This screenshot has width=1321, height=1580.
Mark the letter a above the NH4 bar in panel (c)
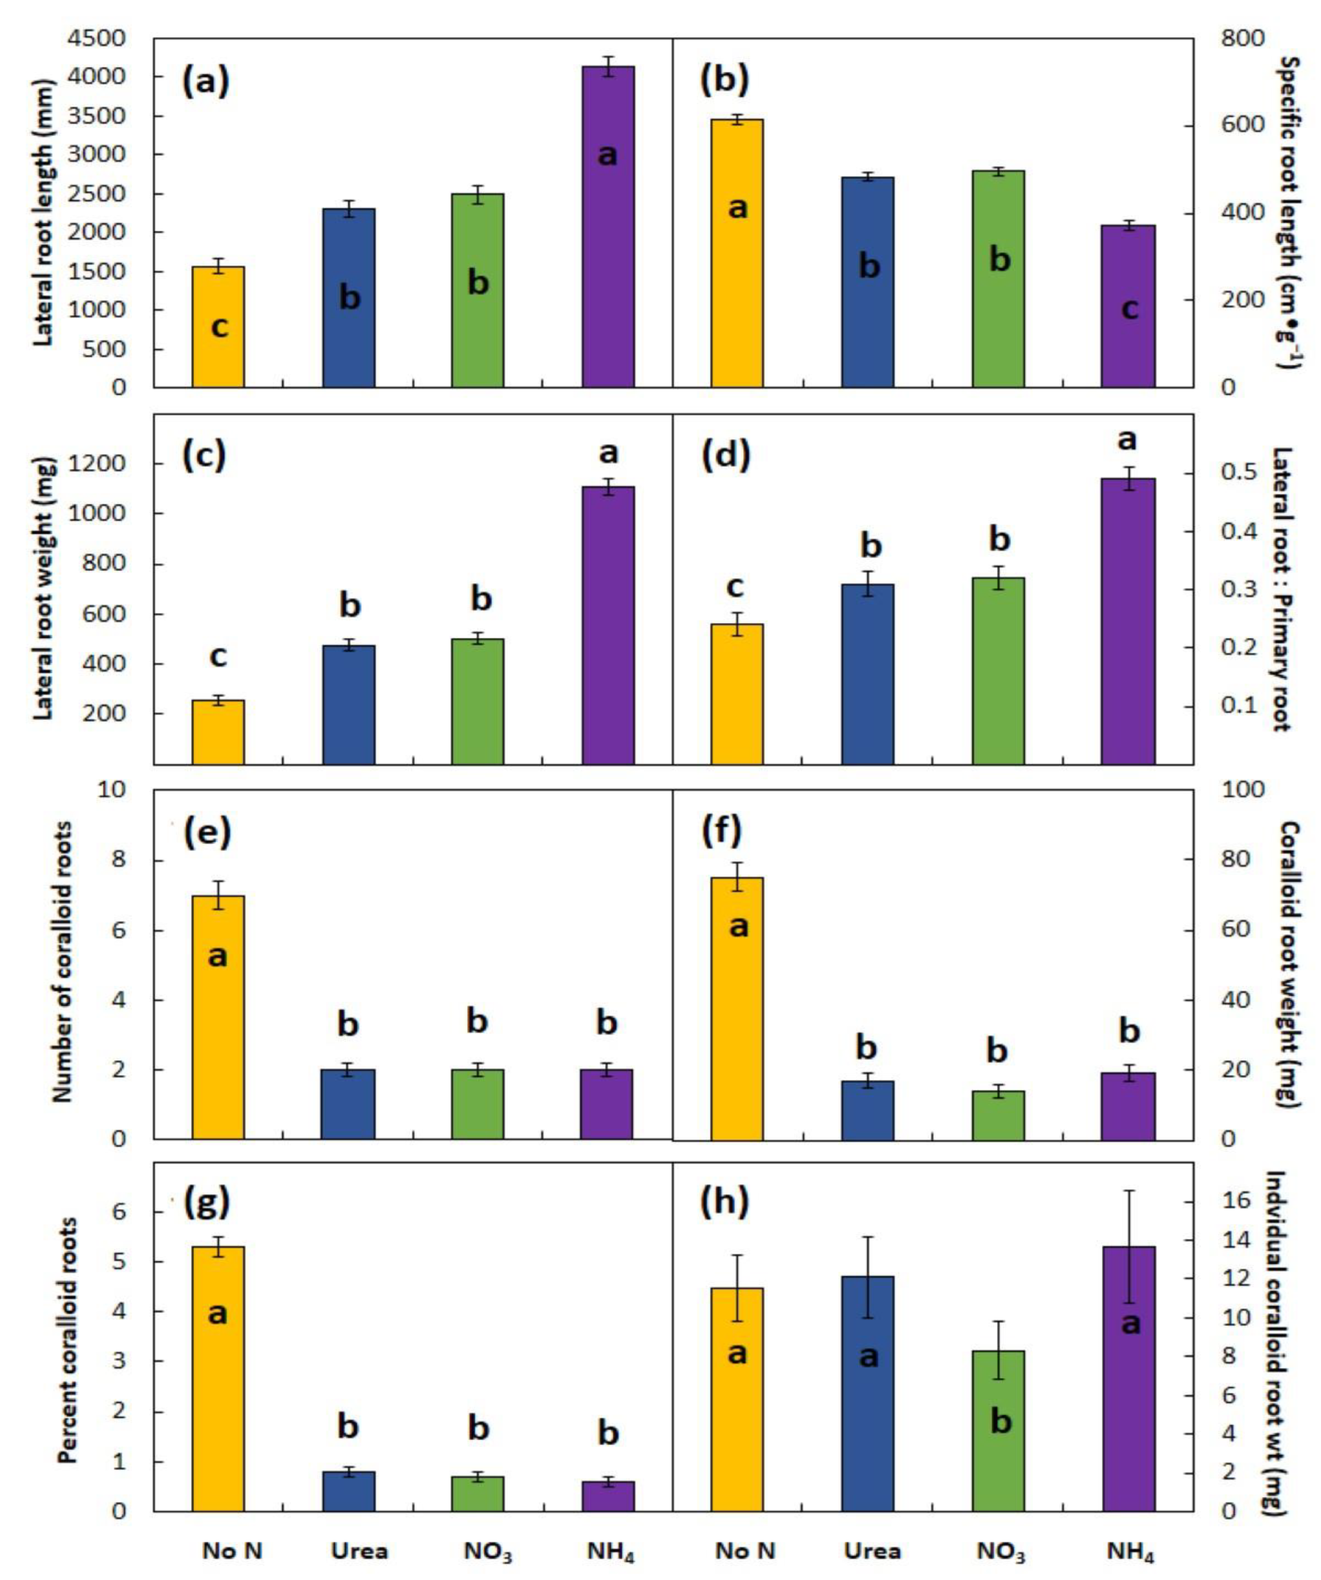[608, 453]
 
